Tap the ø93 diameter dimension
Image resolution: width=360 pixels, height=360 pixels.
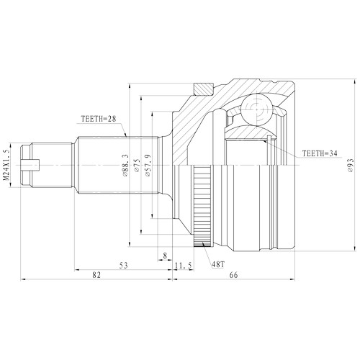350,168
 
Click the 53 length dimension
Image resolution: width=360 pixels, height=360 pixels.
123,266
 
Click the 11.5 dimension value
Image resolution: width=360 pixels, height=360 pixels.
184,266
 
